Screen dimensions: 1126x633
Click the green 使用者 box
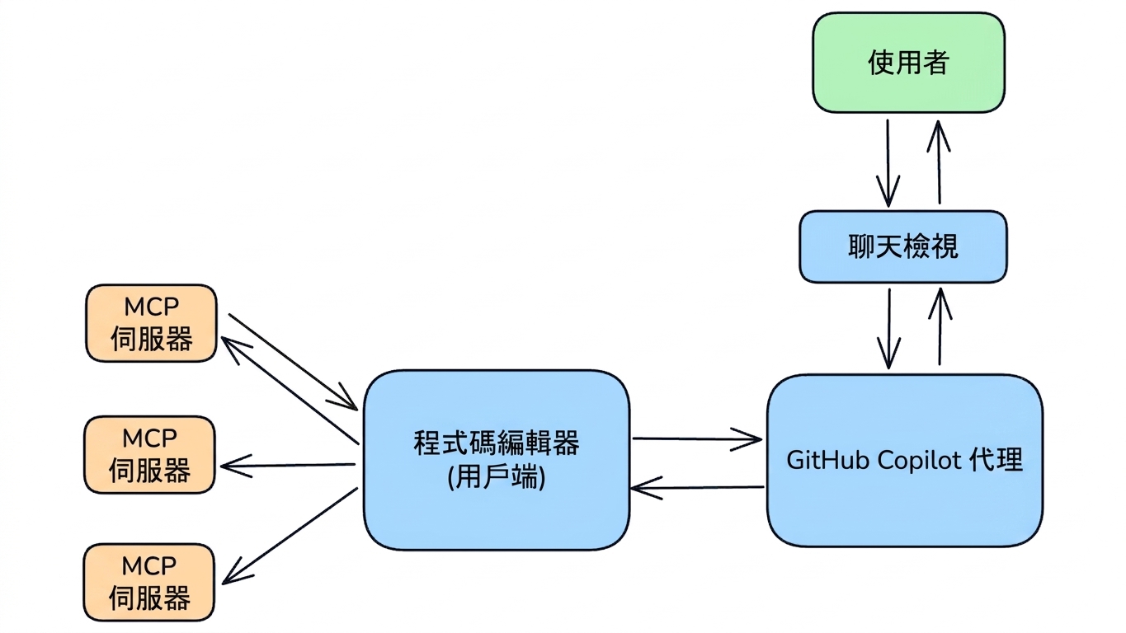tap(908, 63)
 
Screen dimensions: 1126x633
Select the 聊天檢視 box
tap(902, 246)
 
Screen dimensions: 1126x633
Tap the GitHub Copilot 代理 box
tap(905, 460)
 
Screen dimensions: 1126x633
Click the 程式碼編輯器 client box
tap(497, 460)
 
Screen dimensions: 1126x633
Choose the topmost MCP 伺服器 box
tap(151, 323)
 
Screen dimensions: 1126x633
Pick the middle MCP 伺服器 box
tap(150, 455)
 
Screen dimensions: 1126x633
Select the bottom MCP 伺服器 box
tap(149, 582)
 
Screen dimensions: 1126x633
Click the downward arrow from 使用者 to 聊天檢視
tap(888, 162)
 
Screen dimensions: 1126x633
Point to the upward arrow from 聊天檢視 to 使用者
tap(939, 162)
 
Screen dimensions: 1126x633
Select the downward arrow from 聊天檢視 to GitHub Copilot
tap(888, 329)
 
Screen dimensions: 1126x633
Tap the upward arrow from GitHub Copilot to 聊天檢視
tap(940, 326)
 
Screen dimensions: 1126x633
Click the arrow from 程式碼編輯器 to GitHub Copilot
tap(697, 439)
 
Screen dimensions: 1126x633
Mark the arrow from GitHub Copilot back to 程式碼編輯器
tap(697, 487)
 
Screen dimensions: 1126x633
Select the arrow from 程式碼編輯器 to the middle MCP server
tap(288, 466)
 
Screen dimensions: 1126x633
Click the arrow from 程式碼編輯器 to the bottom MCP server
tap(290, 536)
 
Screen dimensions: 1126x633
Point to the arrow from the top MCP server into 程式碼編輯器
tap(293, 362)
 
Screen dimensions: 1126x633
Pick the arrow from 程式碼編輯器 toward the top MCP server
tap(290, 391)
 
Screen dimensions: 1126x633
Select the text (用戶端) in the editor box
tap(496, 476)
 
